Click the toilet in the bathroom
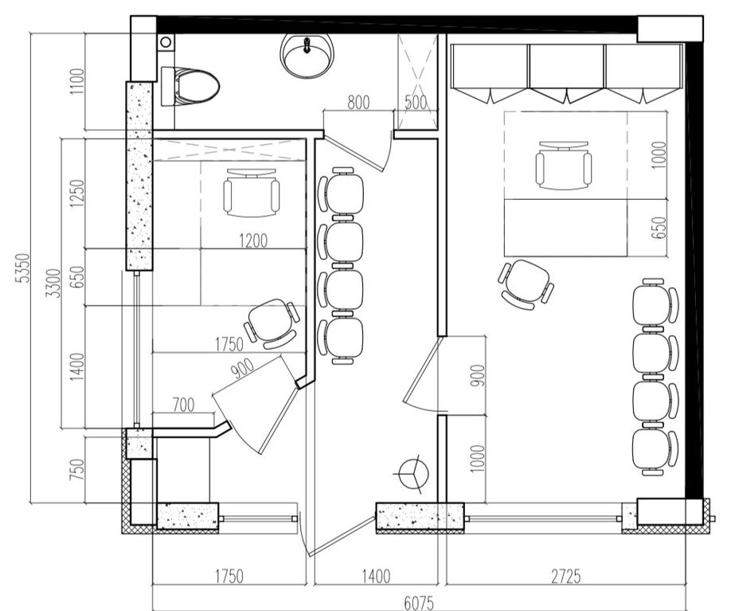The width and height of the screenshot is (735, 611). click(190, 86)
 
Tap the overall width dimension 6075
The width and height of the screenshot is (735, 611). click(419, 602)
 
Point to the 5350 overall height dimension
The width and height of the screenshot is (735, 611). click(22, 268)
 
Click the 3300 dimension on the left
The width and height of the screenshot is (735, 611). click(54, 283)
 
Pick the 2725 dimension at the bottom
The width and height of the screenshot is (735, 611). click(565, 576)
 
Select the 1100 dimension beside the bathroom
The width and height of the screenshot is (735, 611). click(77, 81)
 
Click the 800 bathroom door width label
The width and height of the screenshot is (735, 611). click(358, 102)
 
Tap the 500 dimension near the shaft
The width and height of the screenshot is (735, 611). click(416, 102)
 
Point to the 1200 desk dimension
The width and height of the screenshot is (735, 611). click(253, 241)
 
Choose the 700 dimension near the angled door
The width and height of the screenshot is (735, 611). click(183, 404)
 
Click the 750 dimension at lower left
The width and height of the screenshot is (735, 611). click(77, 469)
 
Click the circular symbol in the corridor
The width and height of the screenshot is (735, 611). click(413, 474)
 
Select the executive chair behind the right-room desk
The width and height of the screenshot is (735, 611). click(563, 166)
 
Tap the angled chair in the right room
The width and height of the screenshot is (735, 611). click(526, 284)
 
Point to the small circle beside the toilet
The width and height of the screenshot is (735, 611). click(165, 42)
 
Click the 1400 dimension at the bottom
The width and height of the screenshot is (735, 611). click(376, 576)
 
